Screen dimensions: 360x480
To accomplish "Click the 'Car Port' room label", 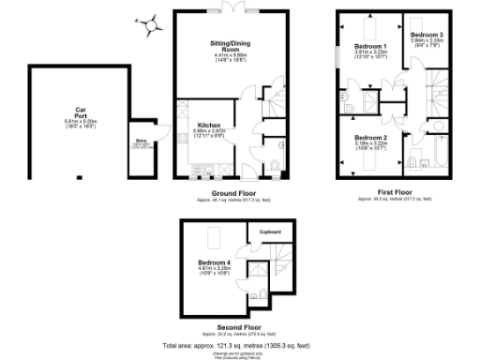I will coord(81,109).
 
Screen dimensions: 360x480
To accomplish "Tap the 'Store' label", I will coord(143,142).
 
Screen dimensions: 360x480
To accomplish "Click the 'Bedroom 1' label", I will coord(370,46).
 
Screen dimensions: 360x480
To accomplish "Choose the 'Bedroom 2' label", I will coord(370,137).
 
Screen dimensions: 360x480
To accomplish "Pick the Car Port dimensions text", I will coord(81,122).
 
